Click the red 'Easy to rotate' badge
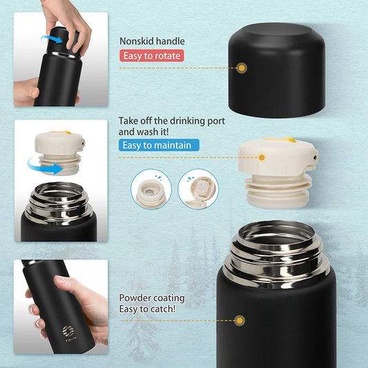pos(152,56)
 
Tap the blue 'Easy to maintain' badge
pos(159,145)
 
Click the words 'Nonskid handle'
pos(152,41)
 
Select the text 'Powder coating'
pos(152,298)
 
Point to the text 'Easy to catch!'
pos(147,309)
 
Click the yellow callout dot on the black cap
pos(242,68)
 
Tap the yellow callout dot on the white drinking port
pos(262,157)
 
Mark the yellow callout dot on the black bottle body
pos(240,320)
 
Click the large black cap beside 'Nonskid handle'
pos(277,70)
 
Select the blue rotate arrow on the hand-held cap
pos(52,39)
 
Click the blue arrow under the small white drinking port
pos(45,166)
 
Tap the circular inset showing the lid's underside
pos(151,189)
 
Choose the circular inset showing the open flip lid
pos(198,189)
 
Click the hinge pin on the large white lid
pos(316,157)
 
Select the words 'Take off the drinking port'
pos(171,121)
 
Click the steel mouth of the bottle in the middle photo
pos(58,190)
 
